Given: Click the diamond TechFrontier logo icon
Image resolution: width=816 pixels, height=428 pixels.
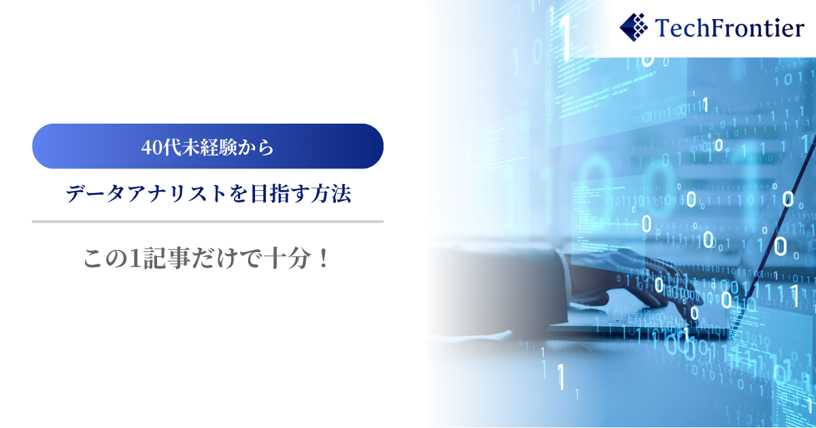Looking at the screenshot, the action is coord(634,27).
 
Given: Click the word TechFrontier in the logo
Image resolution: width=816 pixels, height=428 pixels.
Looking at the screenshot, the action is coord(729,28).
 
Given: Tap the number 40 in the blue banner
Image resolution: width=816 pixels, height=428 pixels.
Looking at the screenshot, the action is coord(152,147).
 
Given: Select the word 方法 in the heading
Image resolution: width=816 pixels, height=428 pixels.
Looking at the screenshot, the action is coord(326,193).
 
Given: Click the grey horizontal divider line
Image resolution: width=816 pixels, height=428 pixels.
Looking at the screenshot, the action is coord(207,221).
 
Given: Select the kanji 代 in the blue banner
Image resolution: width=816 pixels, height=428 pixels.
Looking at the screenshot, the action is coord(172,147).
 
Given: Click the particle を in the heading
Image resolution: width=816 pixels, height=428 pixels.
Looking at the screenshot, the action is coord(239,194).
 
